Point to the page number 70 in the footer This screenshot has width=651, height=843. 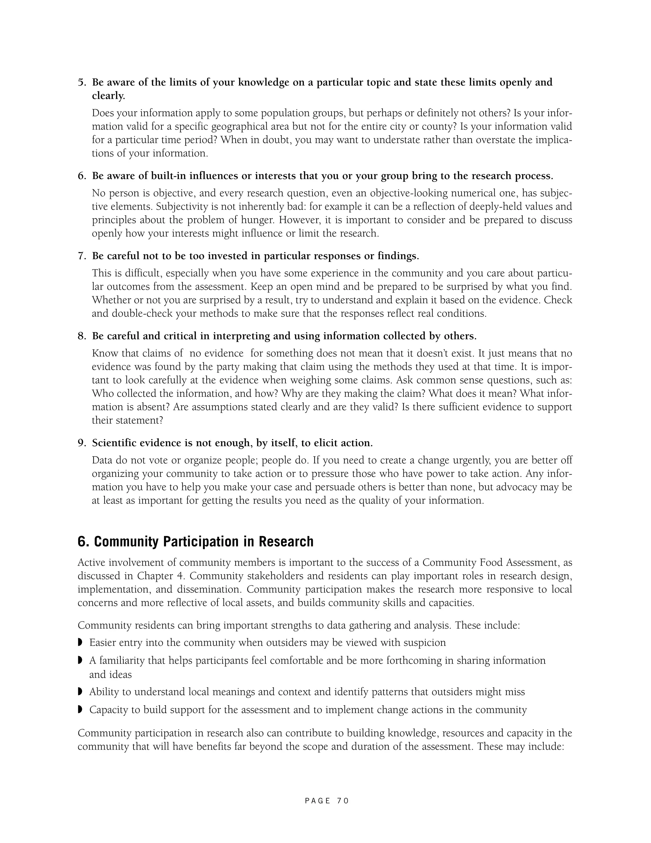(x=342, y=801)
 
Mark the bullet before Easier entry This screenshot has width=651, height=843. (x=80, y=642)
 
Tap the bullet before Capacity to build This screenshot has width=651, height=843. (x=80, y=709)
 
